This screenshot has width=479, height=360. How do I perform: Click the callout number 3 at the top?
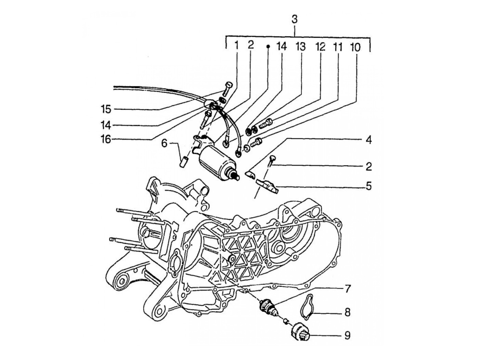294,20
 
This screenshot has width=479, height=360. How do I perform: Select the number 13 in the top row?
300,47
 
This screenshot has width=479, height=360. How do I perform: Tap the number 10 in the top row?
355,47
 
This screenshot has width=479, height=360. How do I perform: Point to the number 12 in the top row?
320,47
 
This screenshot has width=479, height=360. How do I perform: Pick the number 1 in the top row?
236,46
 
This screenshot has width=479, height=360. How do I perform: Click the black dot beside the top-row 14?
269,46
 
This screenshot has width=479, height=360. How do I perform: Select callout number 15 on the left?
106,109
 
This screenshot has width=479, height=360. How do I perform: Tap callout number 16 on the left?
106,139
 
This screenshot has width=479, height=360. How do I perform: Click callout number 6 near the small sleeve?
164,143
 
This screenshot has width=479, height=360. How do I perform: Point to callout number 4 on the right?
368,140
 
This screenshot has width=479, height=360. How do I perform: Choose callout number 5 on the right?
368,186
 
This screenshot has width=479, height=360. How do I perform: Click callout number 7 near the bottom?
347,289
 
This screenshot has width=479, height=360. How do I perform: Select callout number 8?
347,312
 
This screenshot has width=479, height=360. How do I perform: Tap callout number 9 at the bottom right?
347,335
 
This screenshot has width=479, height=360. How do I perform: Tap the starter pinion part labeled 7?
268,308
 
